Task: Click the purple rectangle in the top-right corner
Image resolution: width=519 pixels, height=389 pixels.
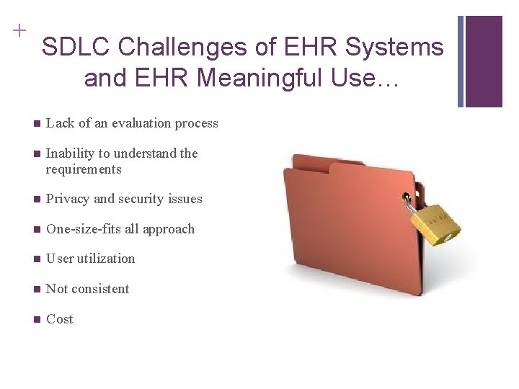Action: click(x=484, y=61)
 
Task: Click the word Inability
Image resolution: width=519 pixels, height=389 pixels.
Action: click(x=71, y=153)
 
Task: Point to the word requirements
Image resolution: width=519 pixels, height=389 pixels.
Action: click(x=84, y=169)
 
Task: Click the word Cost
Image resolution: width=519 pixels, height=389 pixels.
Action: click(x=59, y=319)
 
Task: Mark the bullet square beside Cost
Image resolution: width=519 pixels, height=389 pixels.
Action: click(x=36, y=319)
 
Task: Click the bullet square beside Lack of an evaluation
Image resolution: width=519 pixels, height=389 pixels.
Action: click(x=36, y=123)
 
